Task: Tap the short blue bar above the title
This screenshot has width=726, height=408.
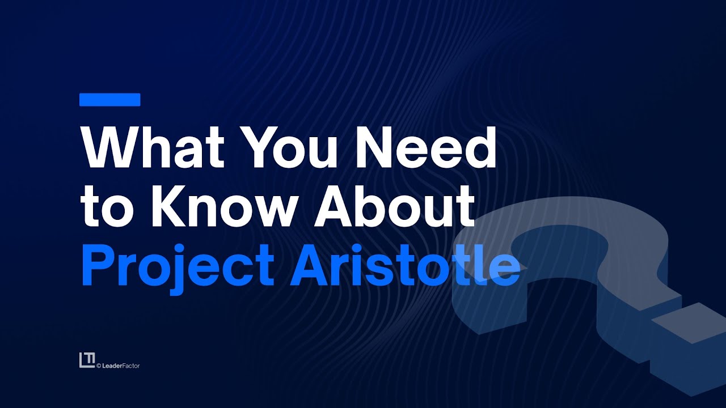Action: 109,100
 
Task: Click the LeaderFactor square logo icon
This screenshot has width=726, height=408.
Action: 87,360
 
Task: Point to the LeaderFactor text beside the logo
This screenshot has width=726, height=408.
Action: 120,366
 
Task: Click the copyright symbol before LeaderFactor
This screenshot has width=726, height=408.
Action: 99,366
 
